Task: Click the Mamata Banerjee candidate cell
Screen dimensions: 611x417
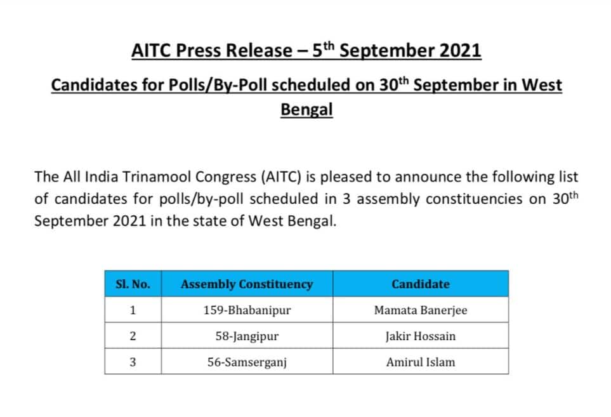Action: (x=421, y=310)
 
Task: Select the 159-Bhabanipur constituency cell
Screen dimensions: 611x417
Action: (x=247, y=310)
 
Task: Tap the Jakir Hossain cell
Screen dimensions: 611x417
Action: (x=421, y=336)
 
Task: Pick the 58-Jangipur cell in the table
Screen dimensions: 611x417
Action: (x=247, y=336)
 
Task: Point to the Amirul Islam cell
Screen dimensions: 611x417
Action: (x=421, y=362)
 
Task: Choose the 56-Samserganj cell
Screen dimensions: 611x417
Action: (x=247, y=362)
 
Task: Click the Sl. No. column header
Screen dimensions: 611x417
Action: (x=133, y=284)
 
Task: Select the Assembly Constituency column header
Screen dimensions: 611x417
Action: (x=247, y=284)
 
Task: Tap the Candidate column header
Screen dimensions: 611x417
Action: (x=421, y=284)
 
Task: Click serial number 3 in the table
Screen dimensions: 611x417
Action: (x=133, y=362)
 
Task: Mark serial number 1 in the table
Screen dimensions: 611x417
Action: (x=133, y=310)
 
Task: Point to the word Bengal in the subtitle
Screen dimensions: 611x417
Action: (x=306, y=110)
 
